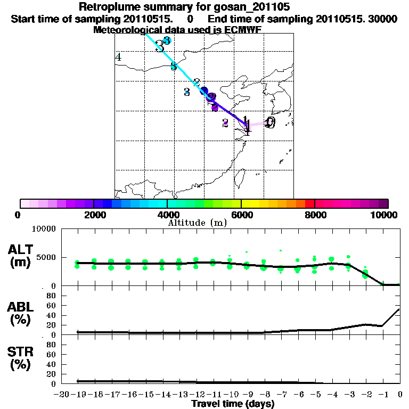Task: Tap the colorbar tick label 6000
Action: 241,215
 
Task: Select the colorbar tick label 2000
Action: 93,215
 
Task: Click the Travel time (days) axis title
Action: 233,404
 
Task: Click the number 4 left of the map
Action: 118,57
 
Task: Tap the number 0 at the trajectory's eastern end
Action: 271,123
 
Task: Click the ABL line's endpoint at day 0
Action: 399,309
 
